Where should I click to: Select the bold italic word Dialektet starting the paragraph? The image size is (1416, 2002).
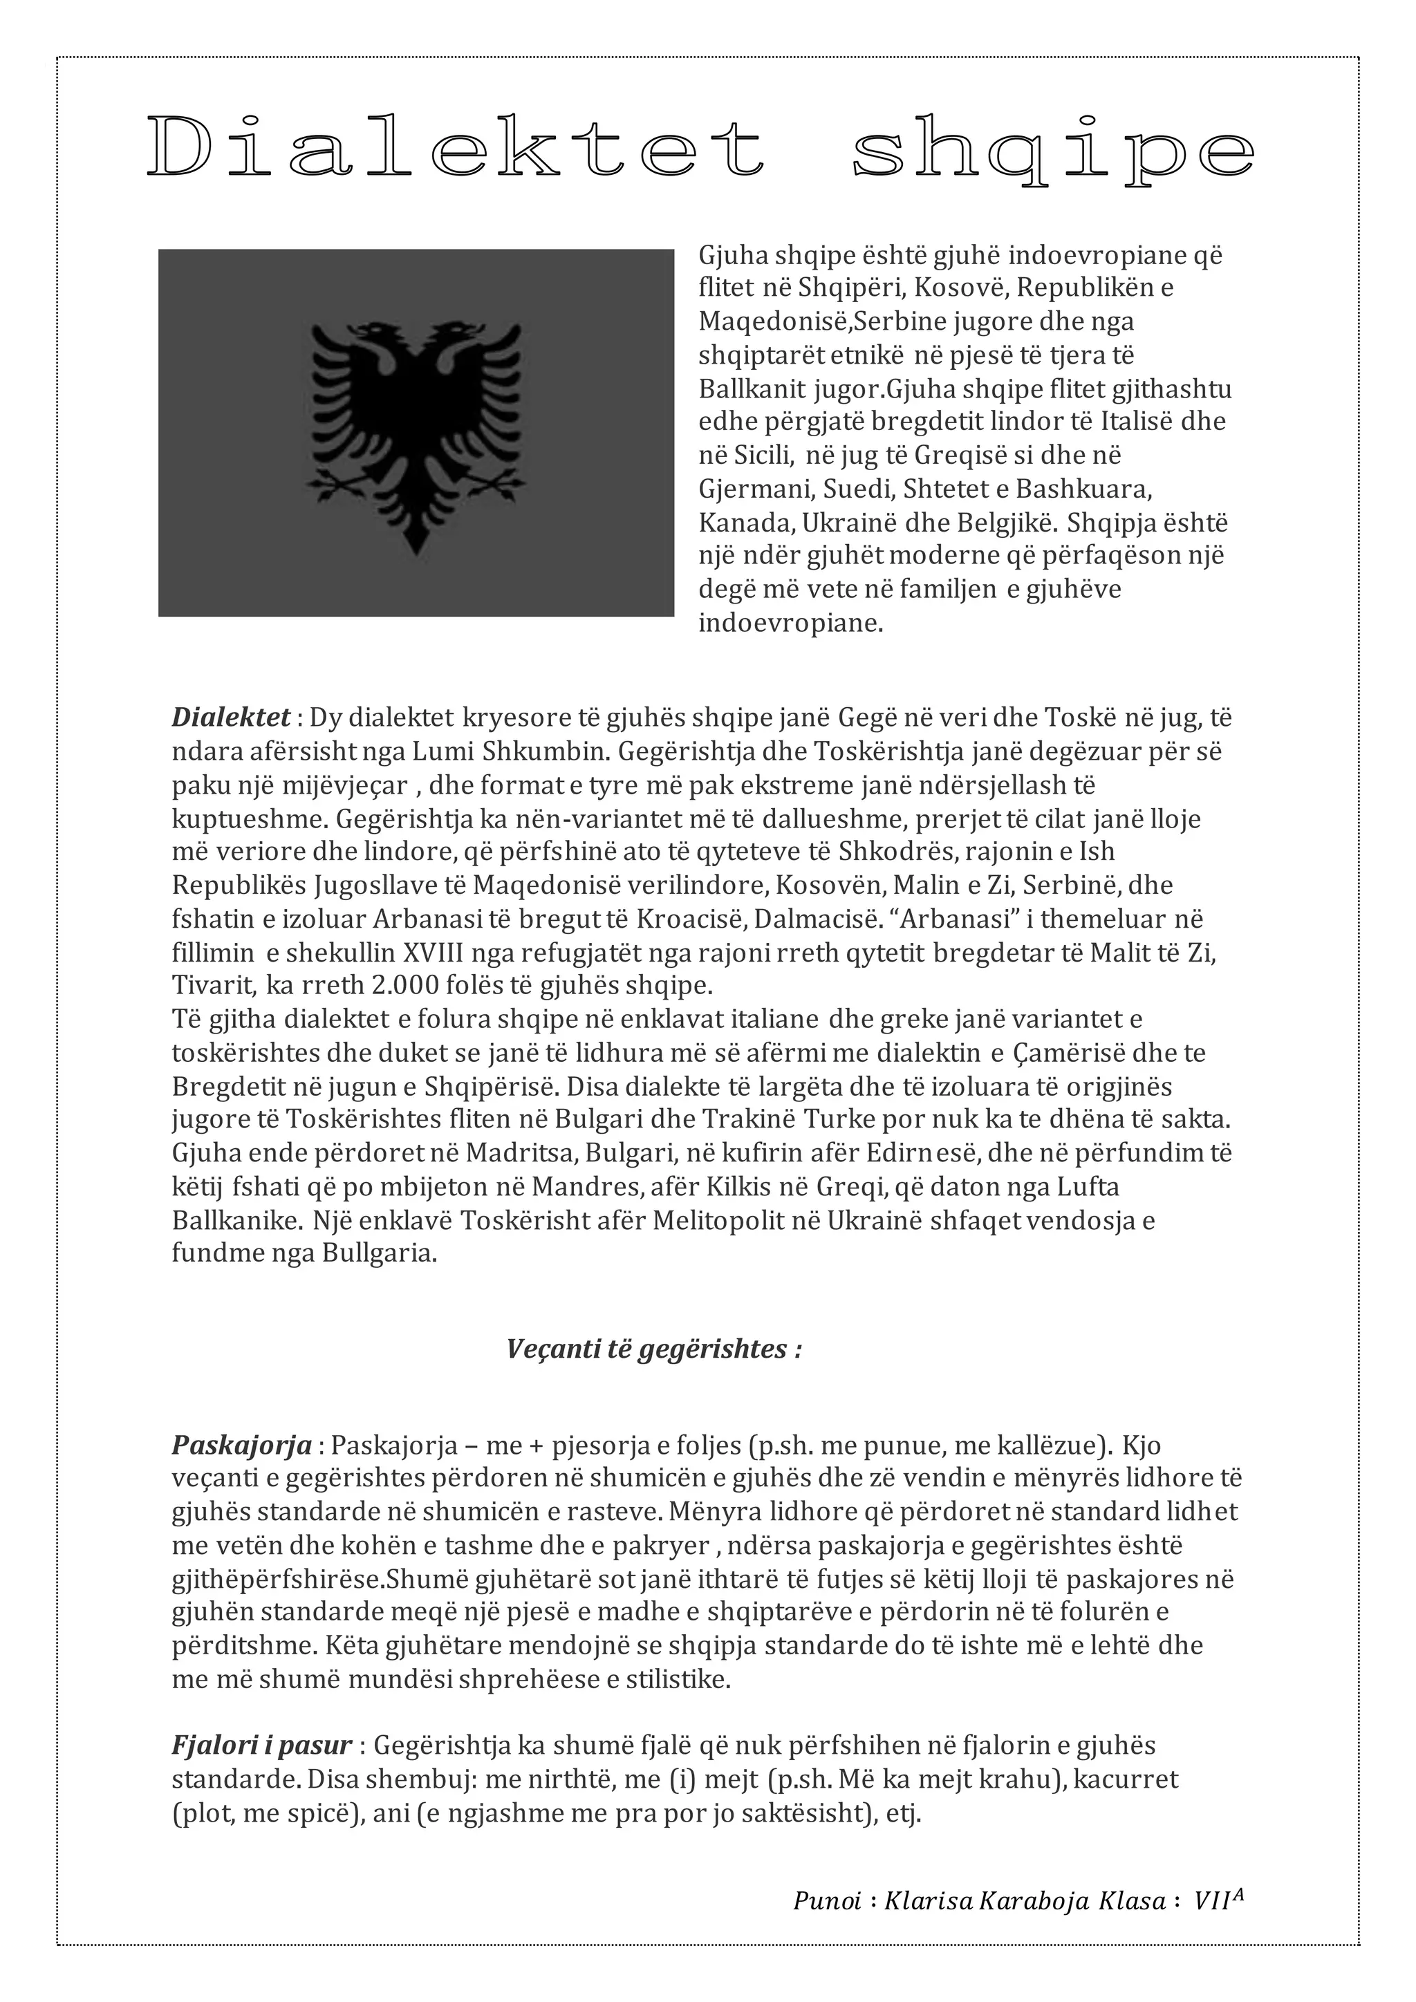point(231,718)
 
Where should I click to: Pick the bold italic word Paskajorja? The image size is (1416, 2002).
point(241,1446)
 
